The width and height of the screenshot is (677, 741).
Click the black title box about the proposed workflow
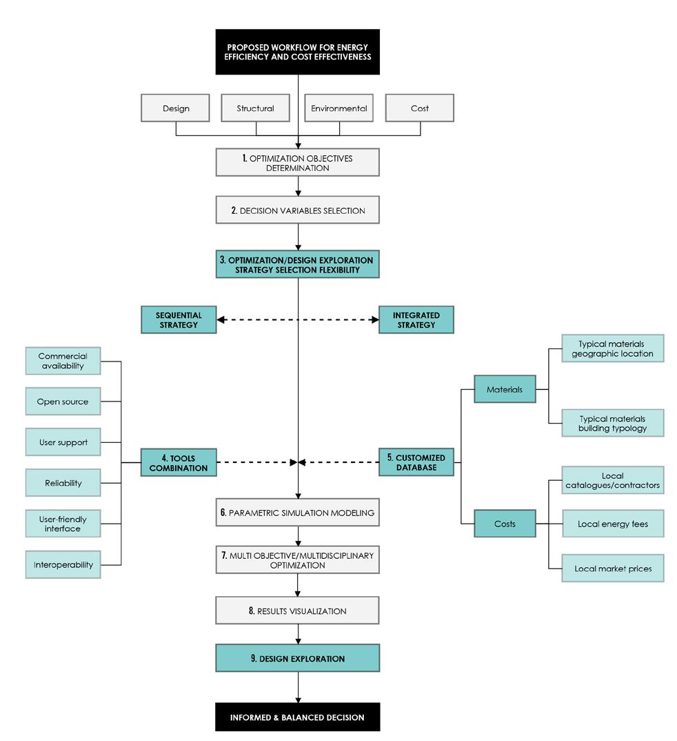297,52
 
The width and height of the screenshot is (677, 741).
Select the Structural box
255,108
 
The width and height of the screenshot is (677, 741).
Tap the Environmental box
339,108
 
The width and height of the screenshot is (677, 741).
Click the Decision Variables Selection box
297,210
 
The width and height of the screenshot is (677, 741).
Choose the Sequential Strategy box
179,320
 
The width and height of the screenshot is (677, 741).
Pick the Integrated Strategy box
416,320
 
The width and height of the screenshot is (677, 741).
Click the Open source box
63,402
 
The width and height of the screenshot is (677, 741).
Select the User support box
63,442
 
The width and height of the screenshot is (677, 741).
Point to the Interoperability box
63,565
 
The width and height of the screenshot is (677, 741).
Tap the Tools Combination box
179,463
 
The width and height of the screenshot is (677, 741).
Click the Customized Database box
416,462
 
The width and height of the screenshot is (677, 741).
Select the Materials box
505,389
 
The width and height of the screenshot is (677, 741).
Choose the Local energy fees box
613,524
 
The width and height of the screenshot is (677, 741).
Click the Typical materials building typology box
613,424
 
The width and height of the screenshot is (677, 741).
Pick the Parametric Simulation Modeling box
297,513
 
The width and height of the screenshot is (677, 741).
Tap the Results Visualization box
297,611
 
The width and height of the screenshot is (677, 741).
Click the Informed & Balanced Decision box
297,718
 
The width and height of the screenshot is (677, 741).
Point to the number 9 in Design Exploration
254,658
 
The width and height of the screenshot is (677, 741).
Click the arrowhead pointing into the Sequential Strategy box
221,320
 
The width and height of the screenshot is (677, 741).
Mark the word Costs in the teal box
505,524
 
